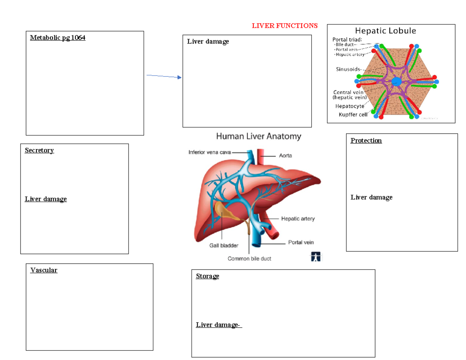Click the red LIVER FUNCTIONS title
click(x=285, y=26)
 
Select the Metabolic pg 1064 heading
click(x=57, y=38)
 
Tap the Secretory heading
click(x=39, y=150)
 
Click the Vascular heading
click(x=44, y=270)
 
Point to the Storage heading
click(x=207, y=276)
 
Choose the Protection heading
click(x=366, y=141)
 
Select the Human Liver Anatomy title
click(x=258, y=136)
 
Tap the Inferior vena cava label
click(x=210, y=153)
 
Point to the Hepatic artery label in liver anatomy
click(x=298, y=219)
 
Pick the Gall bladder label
click(x=222, y=245)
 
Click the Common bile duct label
click(x=249, y=259)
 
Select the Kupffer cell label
click(x=353, y=115)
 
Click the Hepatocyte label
click(x=349, y=106)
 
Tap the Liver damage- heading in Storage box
click(x=219, y=325)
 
